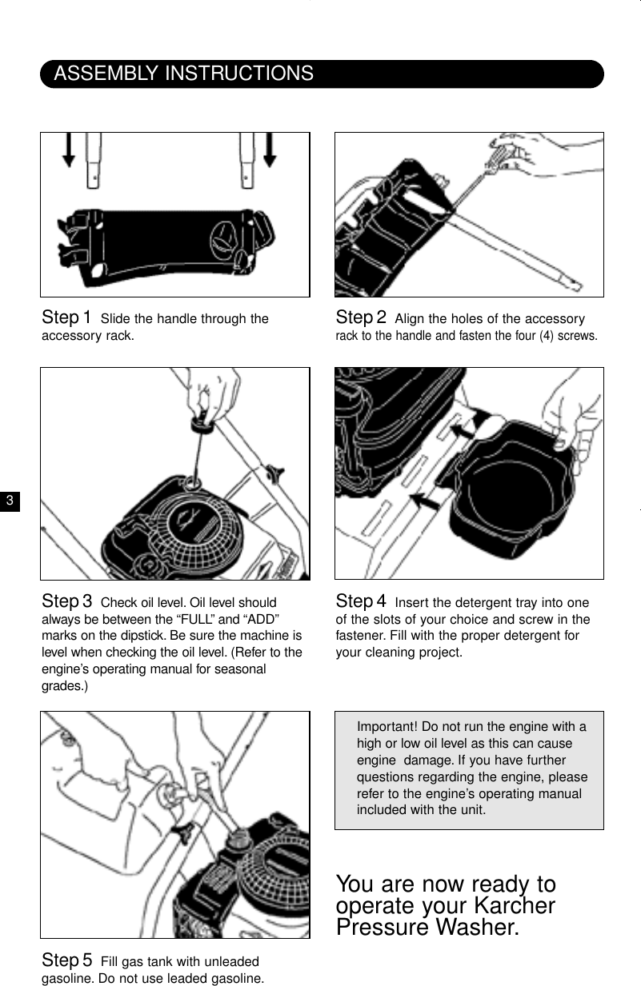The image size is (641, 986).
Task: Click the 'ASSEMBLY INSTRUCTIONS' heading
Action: tap(183, 74)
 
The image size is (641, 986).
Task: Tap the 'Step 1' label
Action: tap(66, 318)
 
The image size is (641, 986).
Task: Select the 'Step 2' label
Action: tap(361, 318)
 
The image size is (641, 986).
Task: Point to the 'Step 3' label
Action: tap(66, 601)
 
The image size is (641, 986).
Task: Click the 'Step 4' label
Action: tap(361, 601)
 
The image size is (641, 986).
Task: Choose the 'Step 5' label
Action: tap(66, 960)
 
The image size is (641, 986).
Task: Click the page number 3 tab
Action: tap(10, 501)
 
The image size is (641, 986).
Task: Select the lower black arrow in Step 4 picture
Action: tap(425, 502)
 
